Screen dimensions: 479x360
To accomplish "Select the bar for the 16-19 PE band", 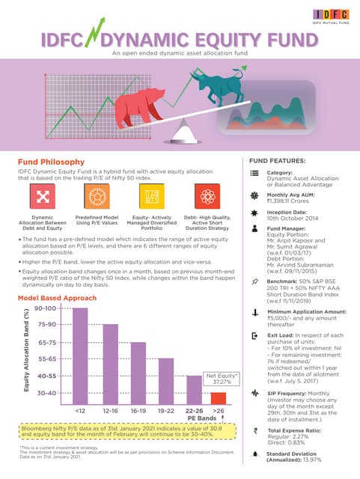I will coord(138,372).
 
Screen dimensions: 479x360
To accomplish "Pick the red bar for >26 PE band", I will coord(219,397).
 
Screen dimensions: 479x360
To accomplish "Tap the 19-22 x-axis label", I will coord(167,411).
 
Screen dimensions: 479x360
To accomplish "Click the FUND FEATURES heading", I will coord(276,161).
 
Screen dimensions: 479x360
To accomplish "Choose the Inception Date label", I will coord(290,212).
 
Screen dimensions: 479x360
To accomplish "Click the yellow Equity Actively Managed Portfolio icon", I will coord(151,197).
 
